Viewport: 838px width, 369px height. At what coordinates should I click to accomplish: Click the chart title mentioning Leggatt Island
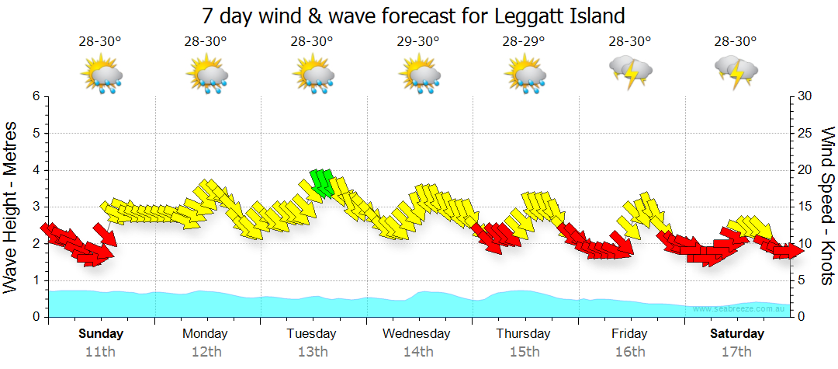tap(413, 16)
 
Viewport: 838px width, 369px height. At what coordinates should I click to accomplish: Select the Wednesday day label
tap(417, 333)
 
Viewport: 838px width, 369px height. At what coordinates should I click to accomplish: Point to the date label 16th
tap(629, 351)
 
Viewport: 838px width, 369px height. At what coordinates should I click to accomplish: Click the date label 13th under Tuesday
tap(312, 351)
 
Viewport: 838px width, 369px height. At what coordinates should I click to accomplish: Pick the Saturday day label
tap(736, 333)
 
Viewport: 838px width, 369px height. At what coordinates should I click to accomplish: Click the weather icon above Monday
tap(206, 75)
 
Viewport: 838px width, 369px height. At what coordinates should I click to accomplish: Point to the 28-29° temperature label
tap(525, 41)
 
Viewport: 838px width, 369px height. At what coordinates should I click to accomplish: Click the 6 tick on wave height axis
tap(36, 96)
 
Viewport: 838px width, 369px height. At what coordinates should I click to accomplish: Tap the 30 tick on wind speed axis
tap(805, 96)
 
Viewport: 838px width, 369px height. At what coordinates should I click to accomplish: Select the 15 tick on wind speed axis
tap(805, 207)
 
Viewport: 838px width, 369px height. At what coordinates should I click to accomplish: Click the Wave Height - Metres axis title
tap(12, 207)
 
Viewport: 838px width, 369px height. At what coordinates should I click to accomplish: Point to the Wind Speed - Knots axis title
tap(827, 206)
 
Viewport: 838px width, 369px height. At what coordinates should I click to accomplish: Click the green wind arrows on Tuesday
tap(321, 182)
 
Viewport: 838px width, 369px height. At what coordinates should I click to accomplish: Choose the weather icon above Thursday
tap(525, 75)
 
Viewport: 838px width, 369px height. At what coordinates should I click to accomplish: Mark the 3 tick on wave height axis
tap(36, 207)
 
